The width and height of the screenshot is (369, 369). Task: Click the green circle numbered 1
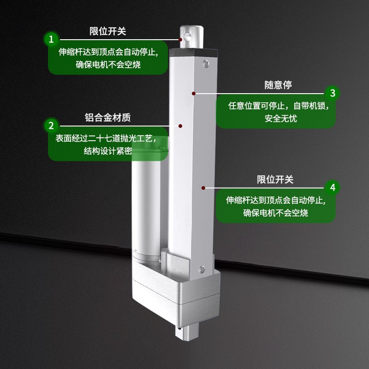pyautogui.click(x=52, y=38)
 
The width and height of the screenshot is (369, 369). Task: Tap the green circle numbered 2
pyautogui.click(x=52, y=125)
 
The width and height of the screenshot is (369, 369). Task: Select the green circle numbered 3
pyautogui.click(x=332, y=93)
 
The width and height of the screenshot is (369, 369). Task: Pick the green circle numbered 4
pyautogui.click(x=332, y=187)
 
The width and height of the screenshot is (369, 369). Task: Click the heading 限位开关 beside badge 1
pyautogui.click(x=107, y=31)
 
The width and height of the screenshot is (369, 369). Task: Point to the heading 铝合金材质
pyautogui.click(x=107, y=118)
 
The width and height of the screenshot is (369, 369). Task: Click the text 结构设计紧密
pyautogui.click(x=108, y=151)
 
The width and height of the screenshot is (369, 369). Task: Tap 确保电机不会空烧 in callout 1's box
pyautogui.click(x=108, y=65)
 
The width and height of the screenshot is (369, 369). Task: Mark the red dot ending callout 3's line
pyautogui.click(x=194, y=93)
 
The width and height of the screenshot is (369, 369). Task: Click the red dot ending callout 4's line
pyautogui.click(x=203, y=188)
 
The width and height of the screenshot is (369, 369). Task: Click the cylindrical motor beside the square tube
pyautogui.click(x=147, y=203)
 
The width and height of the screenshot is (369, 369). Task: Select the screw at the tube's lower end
pyautogui.click(x=201, y=268)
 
